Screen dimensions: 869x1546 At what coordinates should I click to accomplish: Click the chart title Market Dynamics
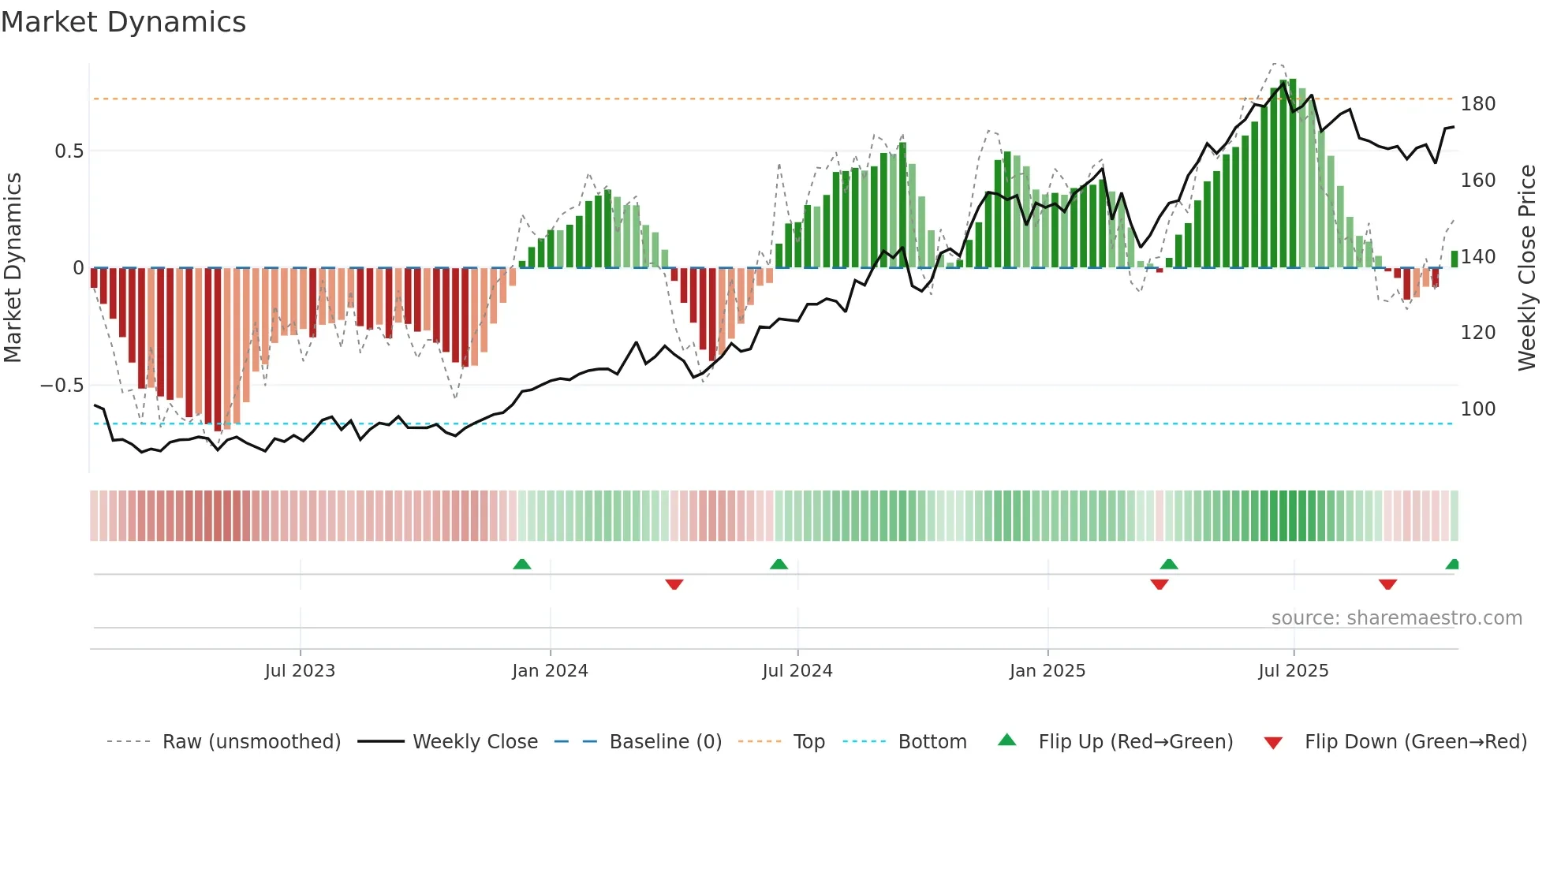(x=123, y=22)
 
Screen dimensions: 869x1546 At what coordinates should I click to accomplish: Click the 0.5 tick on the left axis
(x=69, y=151)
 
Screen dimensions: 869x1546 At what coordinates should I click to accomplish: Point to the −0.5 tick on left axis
(x=62, y=386)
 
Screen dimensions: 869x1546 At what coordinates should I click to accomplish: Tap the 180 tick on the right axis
(x=1477, y=104)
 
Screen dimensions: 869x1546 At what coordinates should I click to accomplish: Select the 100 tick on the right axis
(x=1477, y=409)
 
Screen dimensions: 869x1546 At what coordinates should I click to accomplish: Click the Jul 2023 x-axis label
(x=300, y=671)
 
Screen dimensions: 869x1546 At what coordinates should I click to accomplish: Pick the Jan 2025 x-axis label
(x=1047, y=671)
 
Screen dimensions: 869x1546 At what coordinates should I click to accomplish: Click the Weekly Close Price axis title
(x=1527, y=268)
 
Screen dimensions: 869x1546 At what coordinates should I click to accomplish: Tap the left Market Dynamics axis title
(x=13, y=268)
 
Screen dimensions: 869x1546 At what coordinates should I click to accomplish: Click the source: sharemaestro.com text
(x=1396, y=618)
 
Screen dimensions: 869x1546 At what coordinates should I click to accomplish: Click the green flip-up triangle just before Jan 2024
(x=521, y=564)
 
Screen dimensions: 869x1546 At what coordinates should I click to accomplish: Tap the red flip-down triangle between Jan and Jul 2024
(x=674, y=584)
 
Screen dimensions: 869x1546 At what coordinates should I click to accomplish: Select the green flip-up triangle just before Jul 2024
(x=779, y=564)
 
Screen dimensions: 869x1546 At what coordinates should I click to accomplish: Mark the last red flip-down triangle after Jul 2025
(x=1387, y=584)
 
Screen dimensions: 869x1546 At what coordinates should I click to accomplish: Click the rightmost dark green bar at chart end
(x=1454, y=259)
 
